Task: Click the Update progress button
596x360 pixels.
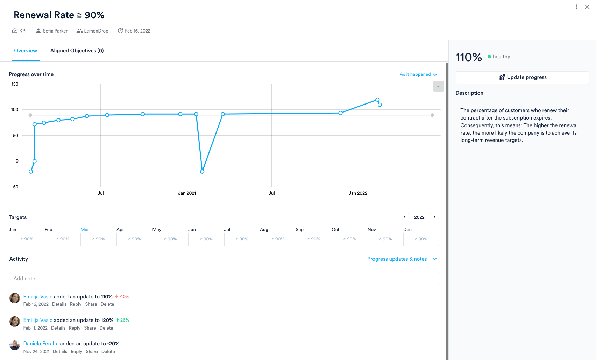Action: pos(522,77)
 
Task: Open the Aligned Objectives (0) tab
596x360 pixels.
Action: pos(77,51)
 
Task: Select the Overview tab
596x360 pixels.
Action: pos(26,51)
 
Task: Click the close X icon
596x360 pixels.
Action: pos(587,7)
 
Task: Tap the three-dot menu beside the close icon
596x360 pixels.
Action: pos(577,7)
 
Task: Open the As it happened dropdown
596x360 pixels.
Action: pos(418,74)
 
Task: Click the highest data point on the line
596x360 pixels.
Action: pos(377,100)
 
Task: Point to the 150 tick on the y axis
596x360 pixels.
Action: pos(15,84)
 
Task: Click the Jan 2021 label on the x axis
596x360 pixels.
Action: pos(187,193)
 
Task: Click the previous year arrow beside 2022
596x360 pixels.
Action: pos(404,217)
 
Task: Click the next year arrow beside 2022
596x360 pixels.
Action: pos(435,217)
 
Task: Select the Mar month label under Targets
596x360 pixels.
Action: pos(85,230)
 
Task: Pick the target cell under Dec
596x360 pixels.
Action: pos(421,239)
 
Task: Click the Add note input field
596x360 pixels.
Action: pos(224,279)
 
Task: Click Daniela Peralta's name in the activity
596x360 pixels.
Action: pos(41,344)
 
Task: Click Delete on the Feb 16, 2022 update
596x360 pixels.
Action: pos(107,304)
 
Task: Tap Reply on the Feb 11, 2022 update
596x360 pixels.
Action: pos(74,328)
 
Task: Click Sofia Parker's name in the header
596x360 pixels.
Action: pos(55,31)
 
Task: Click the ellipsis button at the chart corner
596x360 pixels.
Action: pos(438,86)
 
